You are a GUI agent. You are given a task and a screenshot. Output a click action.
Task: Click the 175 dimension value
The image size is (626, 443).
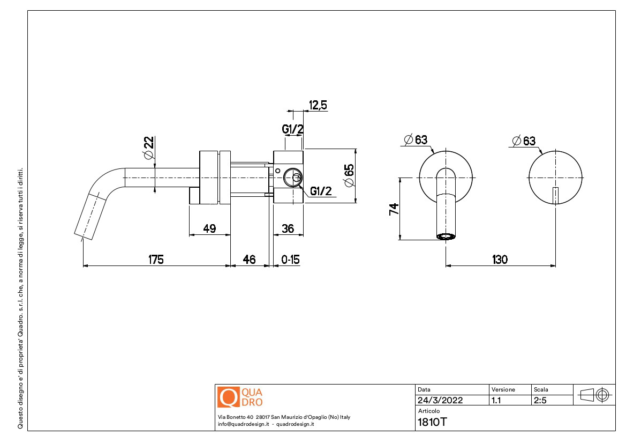click(x=156, y=260)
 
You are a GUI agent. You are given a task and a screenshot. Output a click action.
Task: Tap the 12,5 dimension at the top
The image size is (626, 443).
click(x=318, y=106)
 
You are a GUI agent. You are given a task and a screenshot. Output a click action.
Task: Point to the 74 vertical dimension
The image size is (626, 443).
click(x=394, y=209)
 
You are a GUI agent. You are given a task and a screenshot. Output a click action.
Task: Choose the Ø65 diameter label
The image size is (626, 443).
click(x=349, y=175)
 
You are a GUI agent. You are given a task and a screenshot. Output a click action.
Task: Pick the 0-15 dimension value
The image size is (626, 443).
click(x=290, y=260)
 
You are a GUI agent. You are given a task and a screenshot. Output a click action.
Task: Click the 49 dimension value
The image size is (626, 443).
click(x=209, y=228)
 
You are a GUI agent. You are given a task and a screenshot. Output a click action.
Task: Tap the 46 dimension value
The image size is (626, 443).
click(x=249, y=260)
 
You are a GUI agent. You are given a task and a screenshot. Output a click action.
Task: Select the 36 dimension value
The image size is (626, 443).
click(x=288, y=228)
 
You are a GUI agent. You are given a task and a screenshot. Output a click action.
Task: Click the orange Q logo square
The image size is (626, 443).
click(x=228, y=397)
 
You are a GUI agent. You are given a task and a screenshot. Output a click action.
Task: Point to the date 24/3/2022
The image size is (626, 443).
click(x=440, y=400)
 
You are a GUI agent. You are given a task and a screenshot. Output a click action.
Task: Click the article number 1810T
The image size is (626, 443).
click(x=432, y=422)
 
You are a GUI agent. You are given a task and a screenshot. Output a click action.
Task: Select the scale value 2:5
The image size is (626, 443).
click(x=540, y=400)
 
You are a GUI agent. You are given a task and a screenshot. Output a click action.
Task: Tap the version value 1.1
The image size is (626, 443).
click(x=496, y=400)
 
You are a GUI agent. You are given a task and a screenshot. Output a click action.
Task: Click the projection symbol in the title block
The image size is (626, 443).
click(x=594, y=395)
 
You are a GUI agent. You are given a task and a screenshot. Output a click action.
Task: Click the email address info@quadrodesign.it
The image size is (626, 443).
click(x=243, y=424)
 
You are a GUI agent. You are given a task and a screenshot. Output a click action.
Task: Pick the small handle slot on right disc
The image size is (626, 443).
click(x=555, y=195)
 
